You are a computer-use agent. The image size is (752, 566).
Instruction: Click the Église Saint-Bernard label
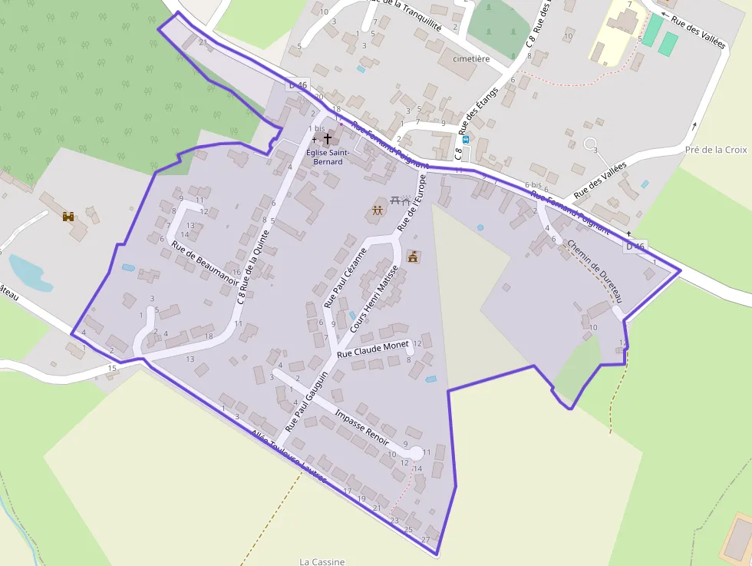click(x=328, y=157)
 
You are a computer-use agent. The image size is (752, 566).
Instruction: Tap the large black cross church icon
click(x=328, y=139)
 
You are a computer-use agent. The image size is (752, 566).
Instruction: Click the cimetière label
click(x=471, y=58)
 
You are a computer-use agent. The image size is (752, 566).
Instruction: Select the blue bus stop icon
click(x=465, y=140)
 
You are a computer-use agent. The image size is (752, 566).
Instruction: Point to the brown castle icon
click(x=69, y=217)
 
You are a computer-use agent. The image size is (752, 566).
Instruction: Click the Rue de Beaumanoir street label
click(x=206, y=263)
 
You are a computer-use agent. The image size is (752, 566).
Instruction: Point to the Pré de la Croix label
click(x=715, y=150)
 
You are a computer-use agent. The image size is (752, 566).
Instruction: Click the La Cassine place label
click(x=322, y=561)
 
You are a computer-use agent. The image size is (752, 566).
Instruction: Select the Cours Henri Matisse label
click(x=375, y=299)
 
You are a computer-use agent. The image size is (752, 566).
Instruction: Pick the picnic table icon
click(x=397, y=200)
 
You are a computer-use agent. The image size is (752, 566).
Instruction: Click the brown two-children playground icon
click(x=378, y=210)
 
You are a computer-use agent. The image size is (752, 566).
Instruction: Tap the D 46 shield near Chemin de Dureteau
click(x=635, y=246)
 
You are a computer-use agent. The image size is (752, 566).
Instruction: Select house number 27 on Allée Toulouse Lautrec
click(x=426, y=539)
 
